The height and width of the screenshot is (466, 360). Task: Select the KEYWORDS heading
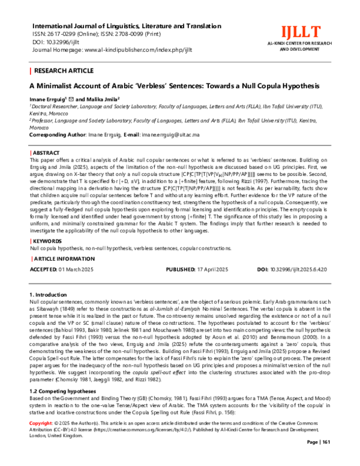(49, 241)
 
